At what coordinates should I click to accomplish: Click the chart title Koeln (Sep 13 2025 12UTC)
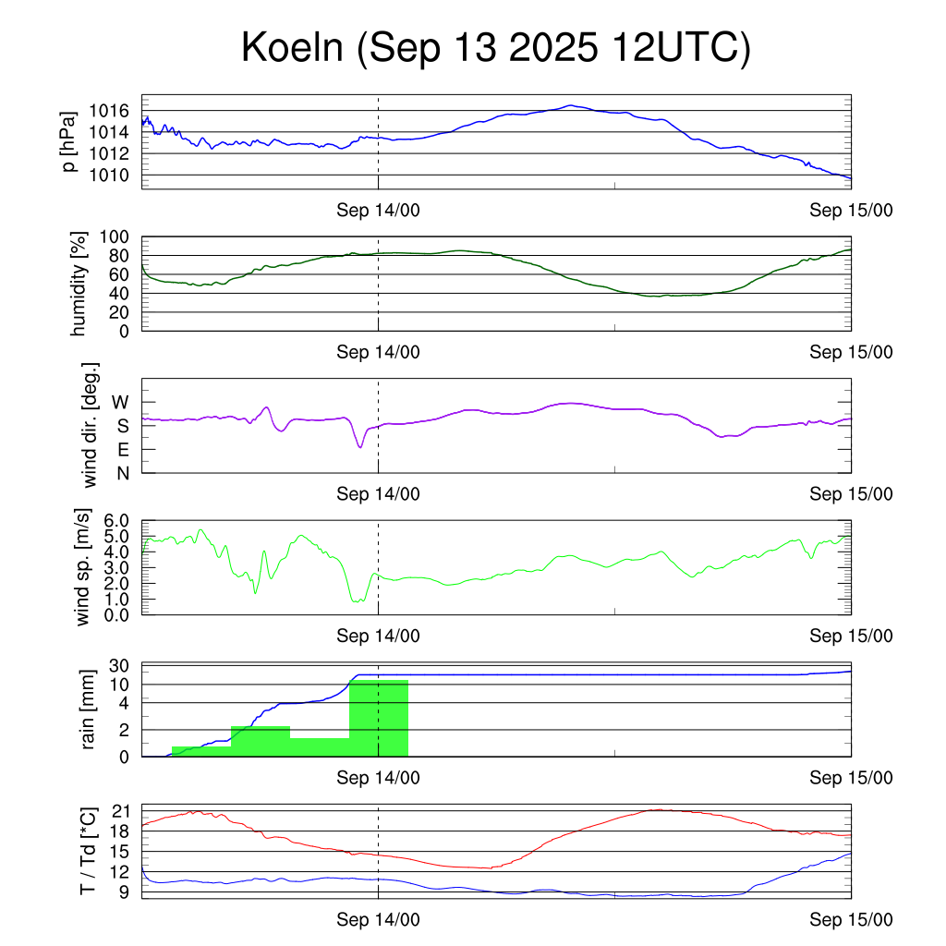point(495,47)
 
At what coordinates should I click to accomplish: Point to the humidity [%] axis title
point(79,284)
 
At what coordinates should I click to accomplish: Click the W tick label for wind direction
point(120,402)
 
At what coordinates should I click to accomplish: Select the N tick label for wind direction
point(121,473)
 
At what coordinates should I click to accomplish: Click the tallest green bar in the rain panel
point(379,718)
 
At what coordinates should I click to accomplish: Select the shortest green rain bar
point(201,751)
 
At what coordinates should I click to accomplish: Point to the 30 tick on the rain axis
point(117,666)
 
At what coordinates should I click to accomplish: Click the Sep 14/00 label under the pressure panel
point(379,211)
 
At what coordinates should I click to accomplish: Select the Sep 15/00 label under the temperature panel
point(851,919)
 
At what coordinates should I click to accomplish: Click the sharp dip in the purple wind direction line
point(360,447)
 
